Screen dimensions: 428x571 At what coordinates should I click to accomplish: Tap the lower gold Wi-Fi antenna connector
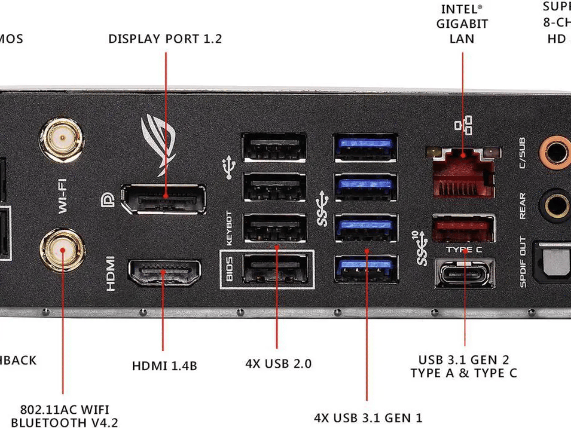pyautogui.click(x=62, y=250)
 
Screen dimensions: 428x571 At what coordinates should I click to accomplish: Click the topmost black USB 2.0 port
pyautogui.click(x=275, y=147)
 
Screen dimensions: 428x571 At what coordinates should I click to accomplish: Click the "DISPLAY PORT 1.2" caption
pyautogui.click(x=165, y=39)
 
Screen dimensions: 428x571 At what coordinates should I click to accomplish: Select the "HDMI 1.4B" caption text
pyautogui.click(x=164, y=366)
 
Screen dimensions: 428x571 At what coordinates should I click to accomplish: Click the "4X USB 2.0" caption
pyautogui.click(x=278, y=364)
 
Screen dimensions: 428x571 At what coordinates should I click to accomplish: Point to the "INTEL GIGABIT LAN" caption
pyautogui.click(x=462, y=24)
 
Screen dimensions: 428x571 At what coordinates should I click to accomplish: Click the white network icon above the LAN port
pyautogui.click(x=463, y=125)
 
